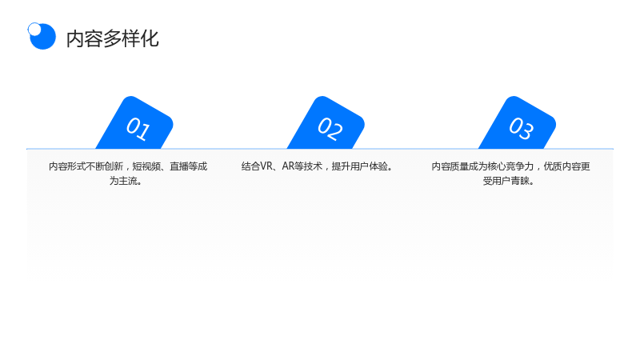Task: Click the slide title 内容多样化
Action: (x=112, y=38)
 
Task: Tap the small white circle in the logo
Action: (x=34, y=30)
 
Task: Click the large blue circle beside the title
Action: (x=43, y=37)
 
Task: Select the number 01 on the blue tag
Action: (x=138, y=129)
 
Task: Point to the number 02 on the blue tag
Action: (x=330, y=129)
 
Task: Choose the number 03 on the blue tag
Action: (x=521, y=129)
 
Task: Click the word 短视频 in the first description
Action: (x=146, y=166)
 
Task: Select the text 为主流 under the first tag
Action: (x=123, y=181)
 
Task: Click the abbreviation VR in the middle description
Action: (x=266, y=166)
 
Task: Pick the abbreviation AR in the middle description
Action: (x=288, y=166)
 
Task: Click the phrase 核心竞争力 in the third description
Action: (x=510, y=166)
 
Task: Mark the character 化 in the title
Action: (x=150, y=38)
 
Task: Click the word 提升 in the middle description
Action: (x=341, y=166)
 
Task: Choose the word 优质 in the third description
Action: (x=553, y=166)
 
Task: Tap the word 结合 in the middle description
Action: (x=251, y=166)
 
